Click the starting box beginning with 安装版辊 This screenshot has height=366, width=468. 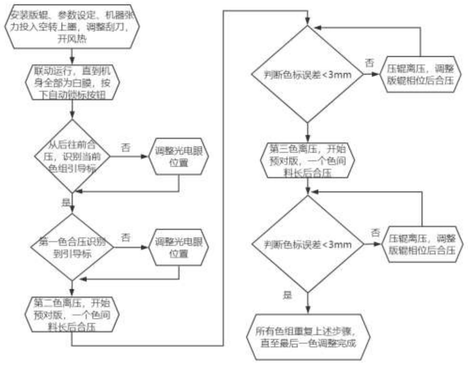point(72,26)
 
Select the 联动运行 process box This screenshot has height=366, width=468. point(72,83)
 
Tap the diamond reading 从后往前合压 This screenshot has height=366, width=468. point(72,156)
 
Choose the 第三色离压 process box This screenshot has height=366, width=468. point(308,160)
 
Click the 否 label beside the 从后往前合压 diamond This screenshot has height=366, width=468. point(126,148)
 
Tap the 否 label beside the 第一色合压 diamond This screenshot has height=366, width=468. point(126,237)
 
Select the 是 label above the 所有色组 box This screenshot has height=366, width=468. point(287,295)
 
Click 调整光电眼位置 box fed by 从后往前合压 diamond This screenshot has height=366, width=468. point(179,156)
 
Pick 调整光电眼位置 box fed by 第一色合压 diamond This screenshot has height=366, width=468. point(179,247)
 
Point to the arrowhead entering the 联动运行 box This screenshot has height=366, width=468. point(72,61)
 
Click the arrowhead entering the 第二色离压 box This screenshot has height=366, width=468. point(72,293)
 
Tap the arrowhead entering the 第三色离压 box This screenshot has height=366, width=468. point(308,140)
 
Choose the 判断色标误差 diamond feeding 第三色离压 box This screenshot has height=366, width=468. point(308,74)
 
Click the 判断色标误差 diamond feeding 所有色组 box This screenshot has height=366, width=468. point(308,244)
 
